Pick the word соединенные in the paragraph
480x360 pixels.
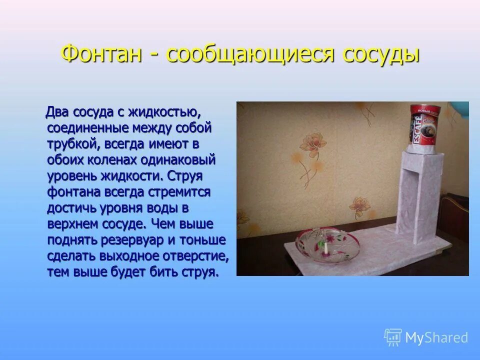pos(87,128)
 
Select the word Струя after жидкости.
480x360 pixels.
pos(185,176)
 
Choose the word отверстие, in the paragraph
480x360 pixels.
pos(195,256)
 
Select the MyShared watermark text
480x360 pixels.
pos(436,337)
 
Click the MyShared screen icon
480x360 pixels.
pos(393,337)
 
